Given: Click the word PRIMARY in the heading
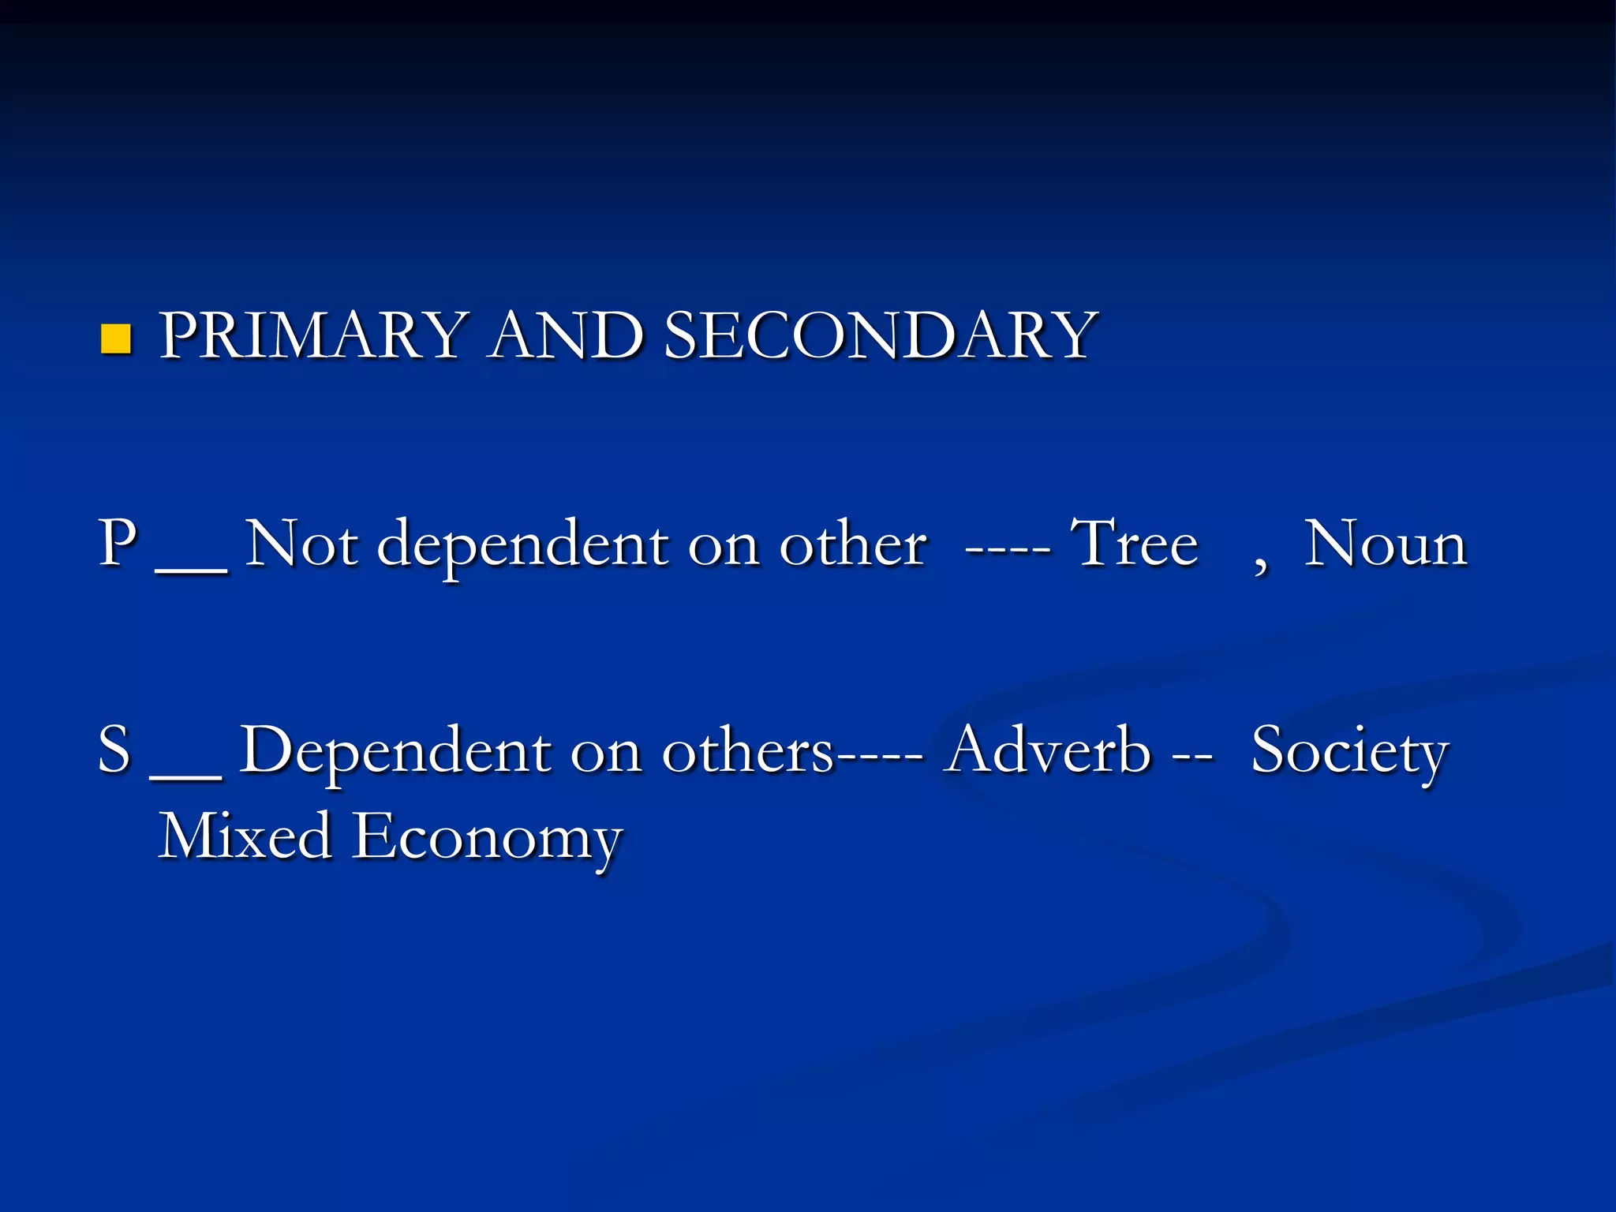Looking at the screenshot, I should [x=311, y=335].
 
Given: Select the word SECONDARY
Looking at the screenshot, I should [x=880, y=335].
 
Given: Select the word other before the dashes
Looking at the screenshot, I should [x=853, y=544].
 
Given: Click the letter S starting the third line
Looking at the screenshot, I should [x=114, y=749].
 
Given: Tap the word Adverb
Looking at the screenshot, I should [x=1049, y=749].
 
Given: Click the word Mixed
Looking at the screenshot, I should [x=245, y=836].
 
